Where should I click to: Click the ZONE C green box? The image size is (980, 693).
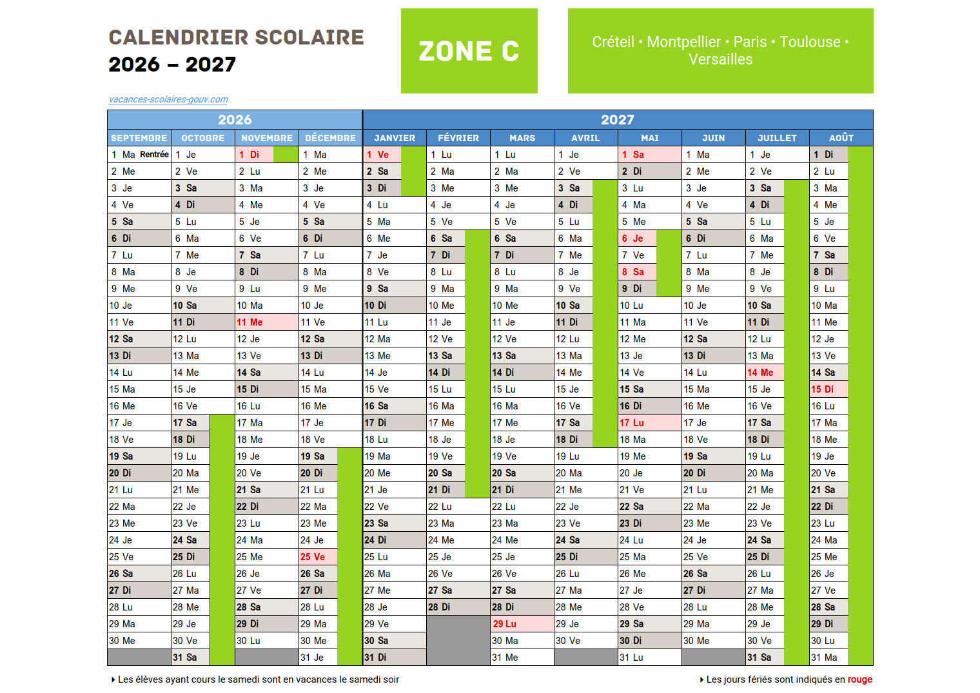pos(469,51)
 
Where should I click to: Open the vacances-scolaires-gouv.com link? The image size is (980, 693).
pos(168,99)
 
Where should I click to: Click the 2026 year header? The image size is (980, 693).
pos(235,120)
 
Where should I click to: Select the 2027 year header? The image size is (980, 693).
pos(617,120)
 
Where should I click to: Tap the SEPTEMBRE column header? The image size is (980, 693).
pos(139,138)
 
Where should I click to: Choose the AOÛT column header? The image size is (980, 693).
pos(841,138)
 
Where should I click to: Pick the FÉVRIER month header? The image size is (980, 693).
pos(458,138)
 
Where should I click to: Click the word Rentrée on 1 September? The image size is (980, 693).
pos(154,155)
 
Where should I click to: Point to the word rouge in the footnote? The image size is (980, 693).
pos(859,679)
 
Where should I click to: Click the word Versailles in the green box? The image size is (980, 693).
pos(720,60)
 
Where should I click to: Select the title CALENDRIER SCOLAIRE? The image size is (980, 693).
pos(236,37)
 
